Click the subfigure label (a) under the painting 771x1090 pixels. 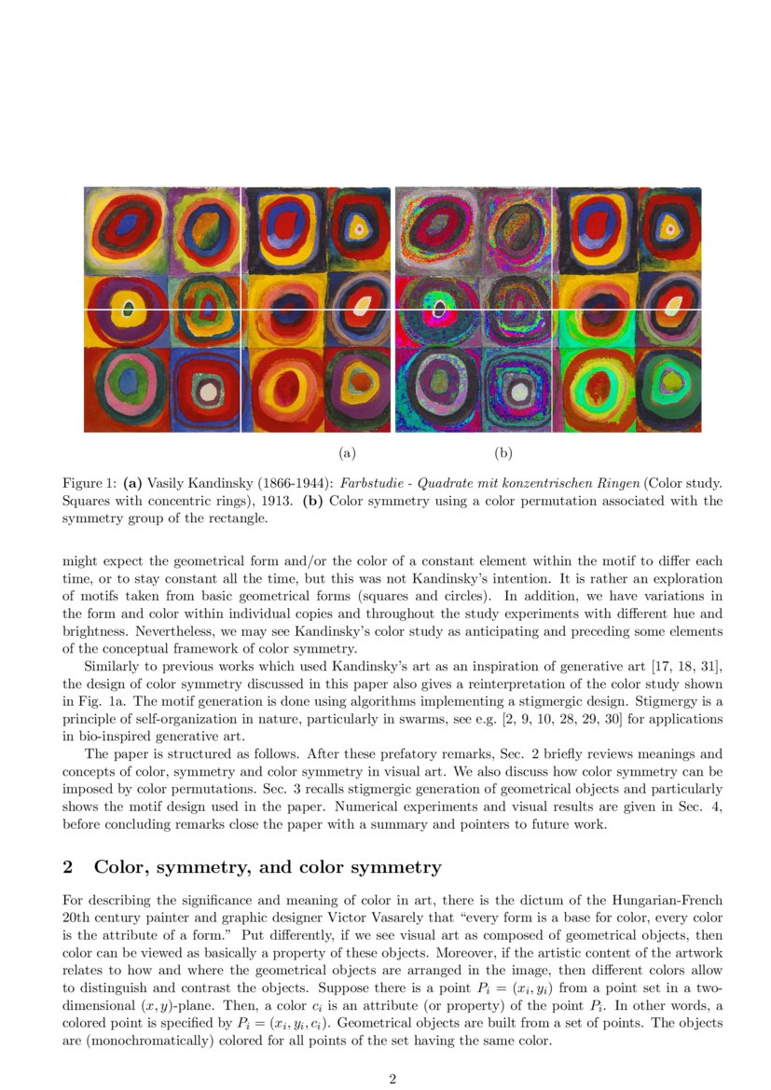[x=347, y=454]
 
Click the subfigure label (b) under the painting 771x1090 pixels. [x=503, y=454]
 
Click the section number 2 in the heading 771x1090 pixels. [x=67, y=867]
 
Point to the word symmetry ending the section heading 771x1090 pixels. [x=401, y=867]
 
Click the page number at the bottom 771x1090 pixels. [x=392, y=1080]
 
